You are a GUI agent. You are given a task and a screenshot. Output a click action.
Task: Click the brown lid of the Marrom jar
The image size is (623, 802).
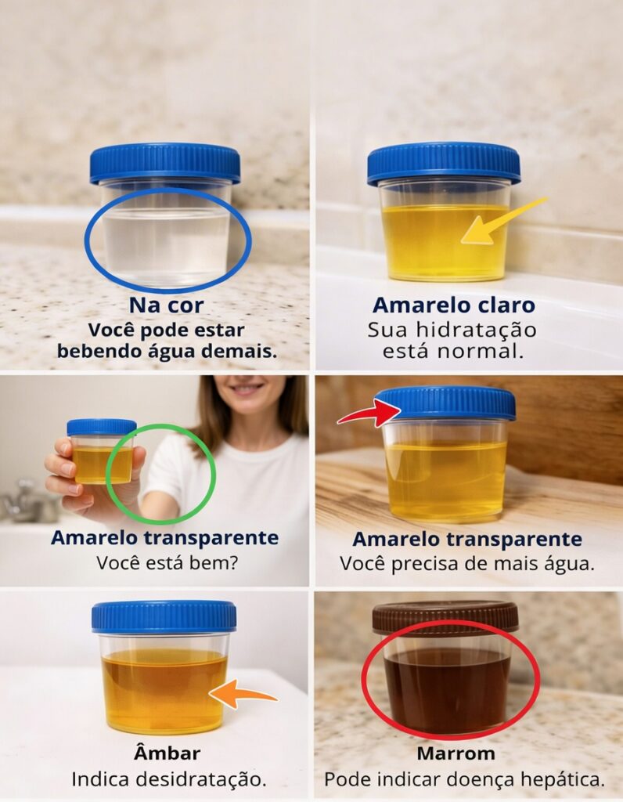coord(445,618)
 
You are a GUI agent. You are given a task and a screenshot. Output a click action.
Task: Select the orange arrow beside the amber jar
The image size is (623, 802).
coord(243,694)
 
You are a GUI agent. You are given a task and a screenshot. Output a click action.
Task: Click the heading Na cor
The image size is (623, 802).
coord(166,305)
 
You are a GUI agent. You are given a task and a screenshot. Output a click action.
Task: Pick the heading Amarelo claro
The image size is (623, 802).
coord(454,305)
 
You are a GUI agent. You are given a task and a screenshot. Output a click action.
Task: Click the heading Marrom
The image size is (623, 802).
coord(456,753)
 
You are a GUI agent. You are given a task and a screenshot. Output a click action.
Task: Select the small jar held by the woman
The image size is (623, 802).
coord(101,451)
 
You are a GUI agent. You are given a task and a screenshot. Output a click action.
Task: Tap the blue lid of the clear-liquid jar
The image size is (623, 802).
coord(165,163)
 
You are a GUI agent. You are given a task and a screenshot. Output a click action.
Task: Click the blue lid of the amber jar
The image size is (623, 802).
coord(164,616)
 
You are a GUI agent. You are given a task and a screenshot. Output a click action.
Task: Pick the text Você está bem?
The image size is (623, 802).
coord(167,563)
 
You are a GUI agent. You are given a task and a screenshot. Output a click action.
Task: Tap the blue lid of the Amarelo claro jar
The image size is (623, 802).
coord(444,164)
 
